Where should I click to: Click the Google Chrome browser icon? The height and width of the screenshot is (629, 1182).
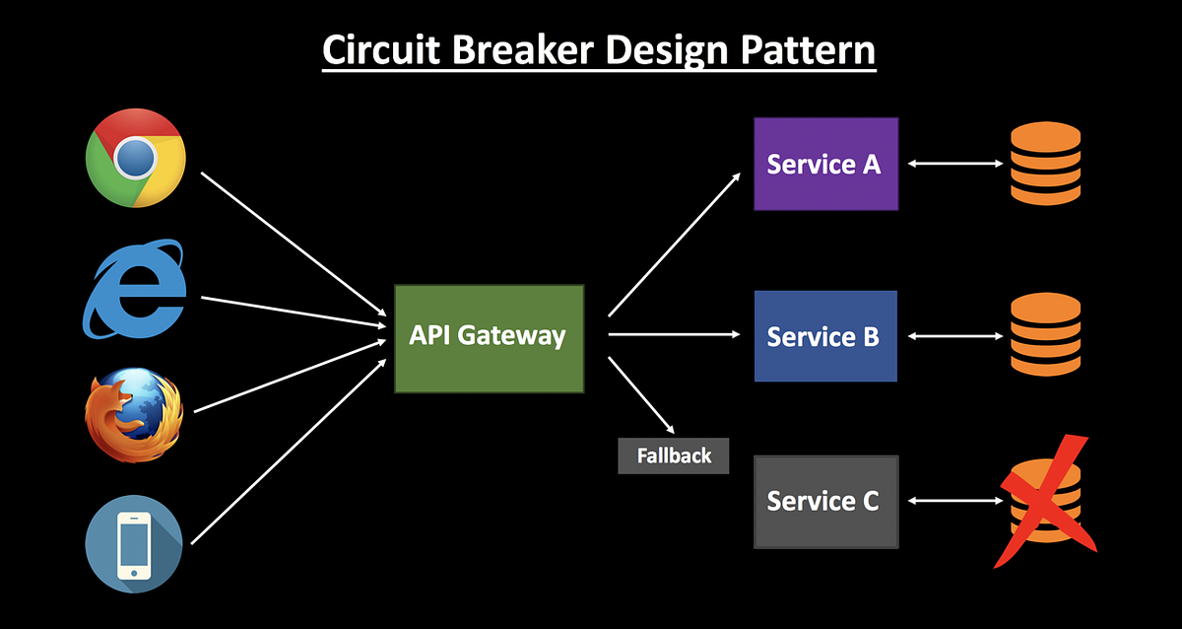pos(135,158)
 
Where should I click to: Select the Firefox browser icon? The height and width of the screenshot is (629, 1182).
pos(134,415)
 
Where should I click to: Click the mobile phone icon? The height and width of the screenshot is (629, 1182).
pos(134,544)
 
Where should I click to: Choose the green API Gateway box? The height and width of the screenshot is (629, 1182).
pos(489,338)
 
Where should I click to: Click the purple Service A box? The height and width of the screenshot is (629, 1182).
pos(825,164)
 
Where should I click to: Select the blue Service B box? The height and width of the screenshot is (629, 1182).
pos(825,336)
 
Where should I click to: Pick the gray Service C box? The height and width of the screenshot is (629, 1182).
pos(825,501)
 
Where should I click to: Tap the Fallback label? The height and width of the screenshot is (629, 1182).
pos(674,456)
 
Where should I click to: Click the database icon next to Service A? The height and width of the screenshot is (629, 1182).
pos(1045,164)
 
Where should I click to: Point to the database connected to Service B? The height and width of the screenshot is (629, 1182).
pos(1045,336)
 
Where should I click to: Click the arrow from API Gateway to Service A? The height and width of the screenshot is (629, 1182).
pos(675,245)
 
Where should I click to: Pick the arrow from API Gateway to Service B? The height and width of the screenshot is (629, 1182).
pos(675,335)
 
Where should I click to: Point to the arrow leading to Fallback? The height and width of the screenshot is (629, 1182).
pos(642,394)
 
